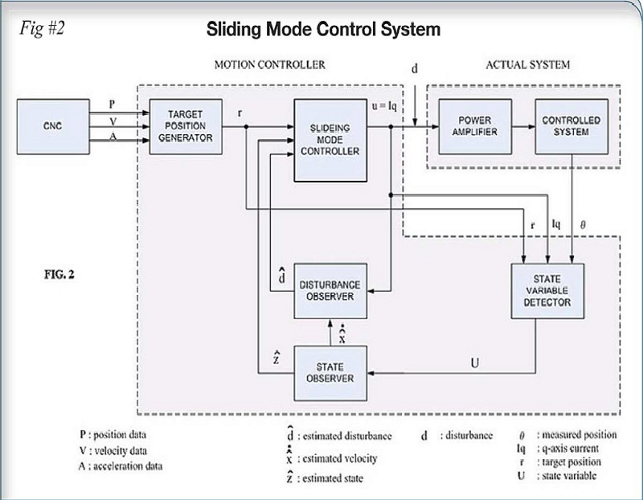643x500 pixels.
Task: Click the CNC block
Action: [53, 127]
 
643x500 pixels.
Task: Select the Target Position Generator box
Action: [186, 127]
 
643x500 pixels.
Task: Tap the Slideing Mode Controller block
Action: [330, 141]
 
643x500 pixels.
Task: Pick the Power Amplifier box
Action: [475, 127]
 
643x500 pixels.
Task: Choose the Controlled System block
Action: [571, 127]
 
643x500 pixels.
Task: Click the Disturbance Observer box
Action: [330, 291]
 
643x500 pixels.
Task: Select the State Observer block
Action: [330, 373]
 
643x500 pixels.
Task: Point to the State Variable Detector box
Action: [547, 291]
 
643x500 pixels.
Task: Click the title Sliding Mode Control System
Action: [324, 30]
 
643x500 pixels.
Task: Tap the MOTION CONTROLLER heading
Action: [270, 65]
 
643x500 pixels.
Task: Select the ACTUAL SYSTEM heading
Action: [528, 65]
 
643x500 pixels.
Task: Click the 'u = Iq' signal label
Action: [384, 106]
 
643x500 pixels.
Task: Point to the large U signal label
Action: [475, 363]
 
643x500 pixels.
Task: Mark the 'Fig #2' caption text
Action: [42, 29]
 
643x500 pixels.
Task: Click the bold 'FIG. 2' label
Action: [59, 274]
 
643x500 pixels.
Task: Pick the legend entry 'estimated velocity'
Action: [339, 458]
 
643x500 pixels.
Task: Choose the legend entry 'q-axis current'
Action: [570, 449]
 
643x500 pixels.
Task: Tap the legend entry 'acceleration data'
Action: [128, 466]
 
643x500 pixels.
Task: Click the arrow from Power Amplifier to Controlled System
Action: [524, 127]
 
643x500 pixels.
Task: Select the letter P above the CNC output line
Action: [112, 105]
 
